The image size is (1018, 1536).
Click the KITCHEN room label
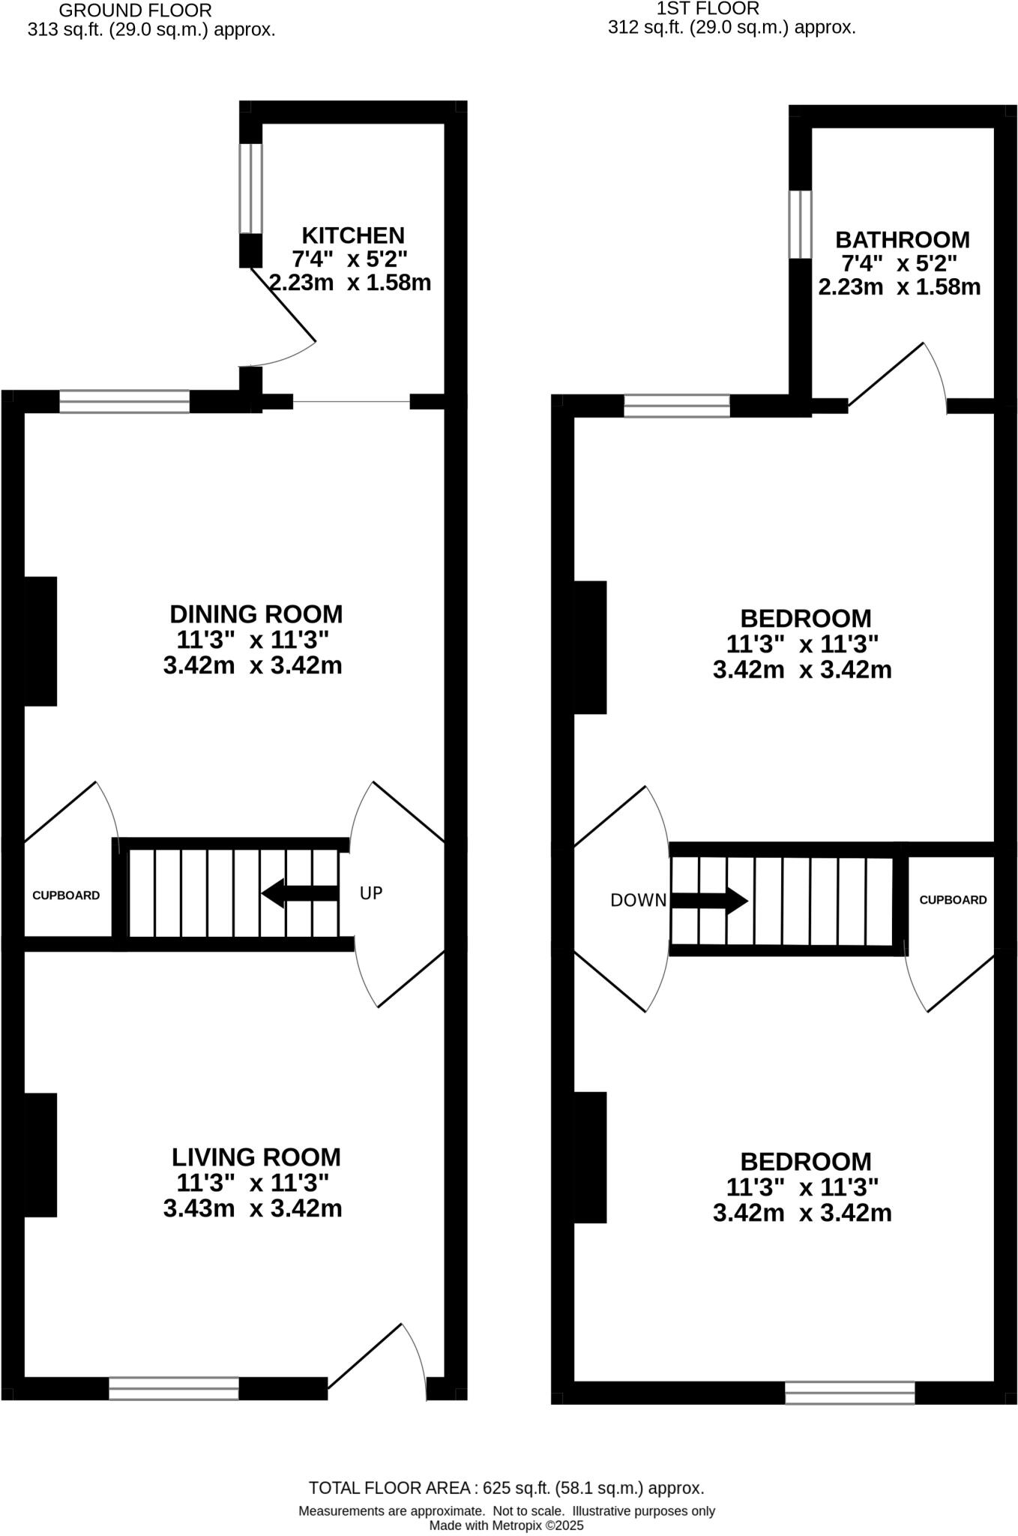(x=352, y=235)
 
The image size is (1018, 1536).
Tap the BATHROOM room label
(x=902, y=240)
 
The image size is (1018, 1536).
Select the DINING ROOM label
(x=256, y=614)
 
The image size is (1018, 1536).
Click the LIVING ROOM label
(x=256, y=1157)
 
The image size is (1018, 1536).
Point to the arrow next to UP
(x=300, y=893)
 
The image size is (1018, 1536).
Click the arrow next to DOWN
(x=709, y=900)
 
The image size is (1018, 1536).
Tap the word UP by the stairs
(x=371, y=893)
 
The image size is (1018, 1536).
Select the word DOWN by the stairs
(x=638, y=901)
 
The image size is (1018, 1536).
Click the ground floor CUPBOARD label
(x=66, y=895)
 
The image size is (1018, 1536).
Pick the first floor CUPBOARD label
(x=953, y=900)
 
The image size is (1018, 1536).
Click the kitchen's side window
(x=250, y=188)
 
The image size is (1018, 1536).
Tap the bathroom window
(x=800, y=224)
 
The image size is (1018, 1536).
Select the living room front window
(x=174, y=1388)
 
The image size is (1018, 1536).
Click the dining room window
(x=124, y=402)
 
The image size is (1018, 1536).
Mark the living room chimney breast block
(x=40, y=1155)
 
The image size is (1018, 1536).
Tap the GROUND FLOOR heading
(x=135, y=10)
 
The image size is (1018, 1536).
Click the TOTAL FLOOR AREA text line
(x=506, y=1488)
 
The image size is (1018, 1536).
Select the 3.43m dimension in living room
(x=199, y=1208)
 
